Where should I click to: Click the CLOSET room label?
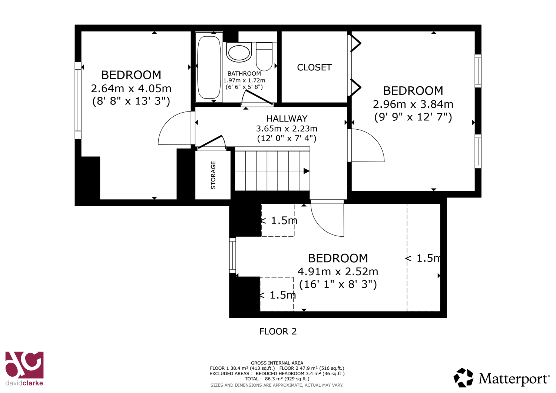coord(314,67)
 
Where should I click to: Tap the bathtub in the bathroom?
coord(209,67)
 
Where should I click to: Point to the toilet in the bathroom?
coord(264,57)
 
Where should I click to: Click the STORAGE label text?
coord(213,175)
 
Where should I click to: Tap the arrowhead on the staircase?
coord(307,171)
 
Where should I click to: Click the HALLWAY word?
coord(287,119)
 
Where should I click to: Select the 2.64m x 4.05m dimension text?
coord(131,88)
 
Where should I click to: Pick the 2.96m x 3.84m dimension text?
coord(413,104)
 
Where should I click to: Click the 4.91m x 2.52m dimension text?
coord(338,272)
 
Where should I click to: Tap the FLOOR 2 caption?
coord(278,332)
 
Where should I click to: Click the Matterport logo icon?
coord(463,377)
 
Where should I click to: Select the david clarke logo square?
coord(24,365)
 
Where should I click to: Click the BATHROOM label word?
coord(244,73)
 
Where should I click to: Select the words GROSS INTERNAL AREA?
coord(277,363)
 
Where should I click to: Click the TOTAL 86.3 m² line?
coord(277,379)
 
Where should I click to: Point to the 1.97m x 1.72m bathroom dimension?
coord(244,80)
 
